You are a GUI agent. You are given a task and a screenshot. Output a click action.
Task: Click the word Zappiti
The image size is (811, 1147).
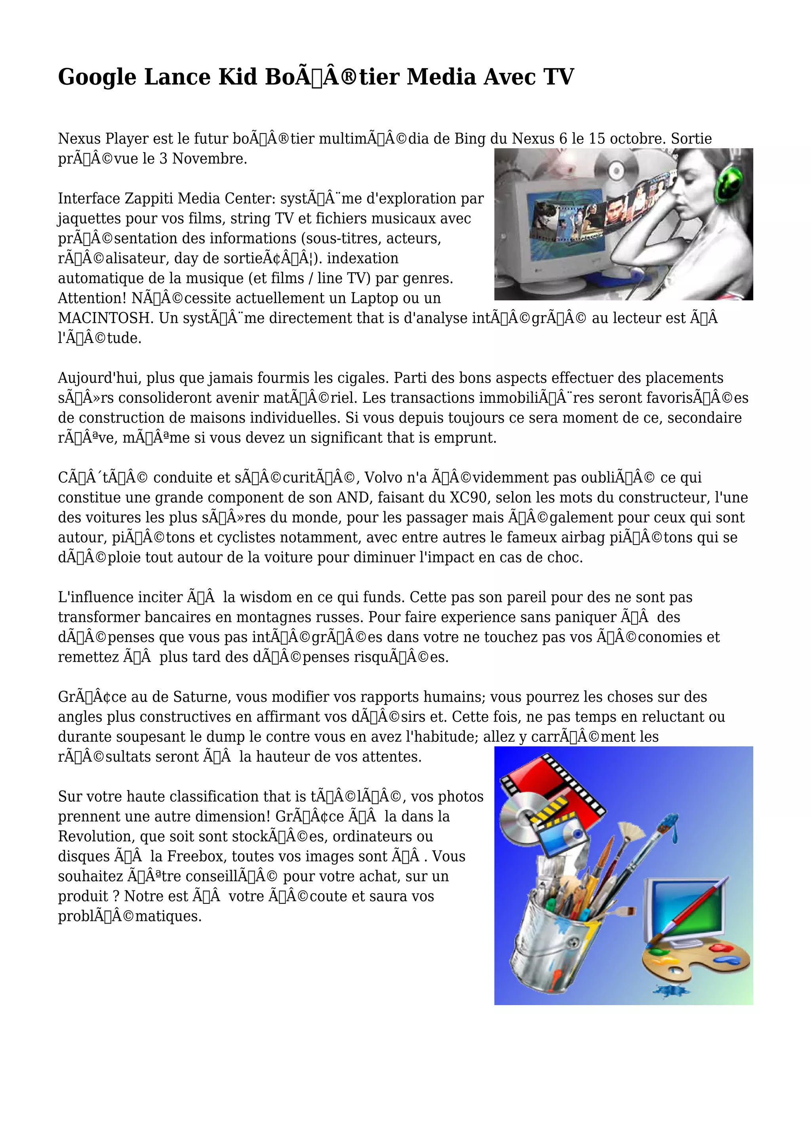pyautogui.click(x=149, y=199)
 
